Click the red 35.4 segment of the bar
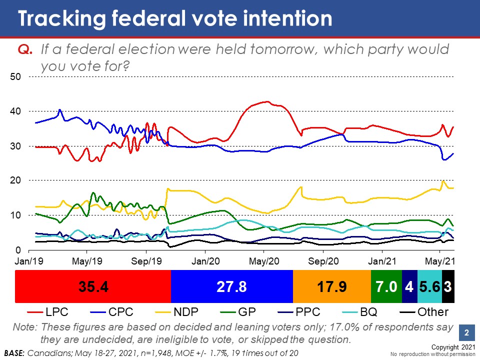[x=93, y=286]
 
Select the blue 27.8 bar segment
[x=231, y=286]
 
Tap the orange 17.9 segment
[x=331, y=286]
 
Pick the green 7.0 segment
[x=386, y=286]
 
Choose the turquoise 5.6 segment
[x=429, y=286]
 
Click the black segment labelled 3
[x=448, y=286]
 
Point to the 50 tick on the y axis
[x=15, y=77]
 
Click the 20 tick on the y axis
[x=15, y=180]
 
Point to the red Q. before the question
[x=24, y=50]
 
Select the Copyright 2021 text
[x=453, y=346]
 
